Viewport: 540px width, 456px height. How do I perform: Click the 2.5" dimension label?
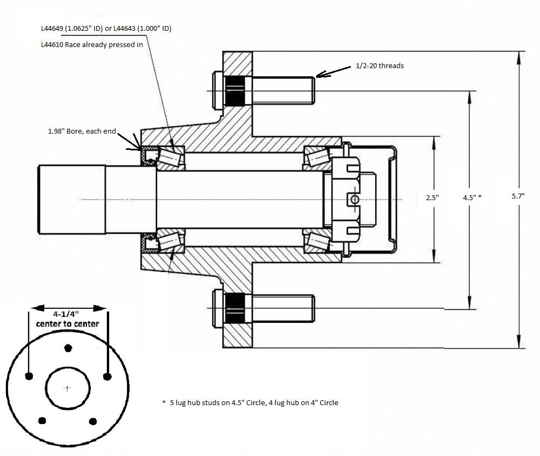pyautogui.click(x=432, y=198)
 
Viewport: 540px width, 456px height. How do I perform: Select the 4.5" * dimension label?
pyautogui.click(x=471, y=198)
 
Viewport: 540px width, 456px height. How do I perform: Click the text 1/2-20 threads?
pyautogui.click(x=380, y=65)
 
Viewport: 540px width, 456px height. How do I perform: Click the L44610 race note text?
pyautogui.click(x=91, y=45)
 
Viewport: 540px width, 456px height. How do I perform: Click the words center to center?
pyautogui.click(x=67, y=323)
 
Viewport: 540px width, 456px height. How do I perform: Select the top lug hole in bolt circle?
pyautogui.click(x=67, y=347)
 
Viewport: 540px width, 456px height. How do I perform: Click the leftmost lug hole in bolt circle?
pyautogui.click(x=29, y=376)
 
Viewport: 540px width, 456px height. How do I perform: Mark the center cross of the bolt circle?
pyautogui.click(x=67, y=388)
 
